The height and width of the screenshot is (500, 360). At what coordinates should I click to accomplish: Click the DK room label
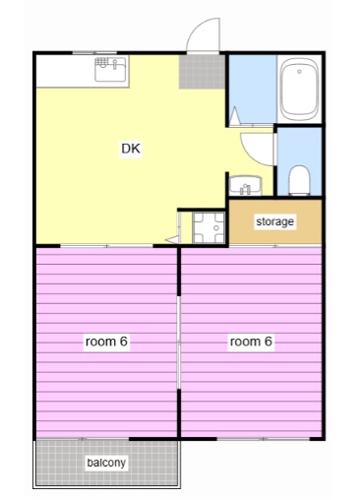coord(131,149)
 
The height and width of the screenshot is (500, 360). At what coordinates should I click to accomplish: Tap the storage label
coord(274,221)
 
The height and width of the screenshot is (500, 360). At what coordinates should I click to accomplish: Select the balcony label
coord(106,463)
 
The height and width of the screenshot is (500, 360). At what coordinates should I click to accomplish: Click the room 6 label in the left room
coord(106,342)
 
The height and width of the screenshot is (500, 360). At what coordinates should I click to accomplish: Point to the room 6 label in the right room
coord(251,342)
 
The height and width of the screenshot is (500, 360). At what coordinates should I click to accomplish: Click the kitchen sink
coord(110,69)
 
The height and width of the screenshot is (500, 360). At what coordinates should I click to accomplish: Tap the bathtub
coord(299,90)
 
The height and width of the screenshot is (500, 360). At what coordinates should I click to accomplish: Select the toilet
coord(299,180)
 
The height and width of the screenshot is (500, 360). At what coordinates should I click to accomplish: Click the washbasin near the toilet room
coord(245,186)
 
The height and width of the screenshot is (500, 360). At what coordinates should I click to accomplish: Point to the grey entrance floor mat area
coord(202,72)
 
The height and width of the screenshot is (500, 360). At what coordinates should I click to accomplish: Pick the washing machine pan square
coord(209,227)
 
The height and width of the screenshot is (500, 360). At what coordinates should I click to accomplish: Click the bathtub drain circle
coord(299,71)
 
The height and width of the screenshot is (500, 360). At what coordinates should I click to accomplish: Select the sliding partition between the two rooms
coord(179,343)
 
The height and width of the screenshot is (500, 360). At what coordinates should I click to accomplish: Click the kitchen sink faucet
coord(115,64)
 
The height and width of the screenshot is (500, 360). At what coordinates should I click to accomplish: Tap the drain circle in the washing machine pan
coord(215,227)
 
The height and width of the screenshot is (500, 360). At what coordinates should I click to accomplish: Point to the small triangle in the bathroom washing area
coord(235,115)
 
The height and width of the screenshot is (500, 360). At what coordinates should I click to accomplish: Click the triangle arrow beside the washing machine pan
coord(172,239)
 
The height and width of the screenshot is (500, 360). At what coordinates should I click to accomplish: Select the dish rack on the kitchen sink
coord(101,62)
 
